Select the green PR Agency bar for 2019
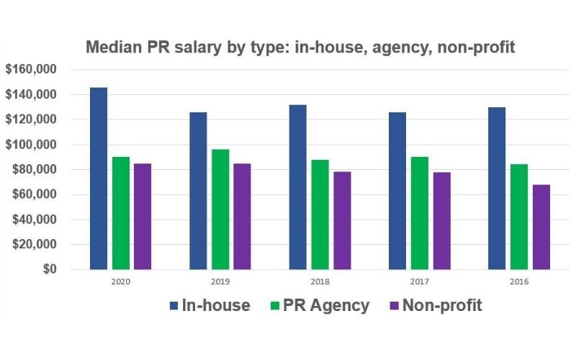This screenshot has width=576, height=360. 220,210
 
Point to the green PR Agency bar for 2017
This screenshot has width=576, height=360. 419,213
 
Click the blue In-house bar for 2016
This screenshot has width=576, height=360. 497,188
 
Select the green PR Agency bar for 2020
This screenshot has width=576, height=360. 121,213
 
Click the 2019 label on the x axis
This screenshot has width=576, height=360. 220,282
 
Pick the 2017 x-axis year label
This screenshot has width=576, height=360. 419,282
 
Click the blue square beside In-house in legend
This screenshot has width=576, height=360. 173,306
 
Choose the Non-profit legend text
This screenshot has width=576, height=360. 441,305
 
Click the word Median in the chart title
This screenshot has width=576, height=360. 114,48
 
